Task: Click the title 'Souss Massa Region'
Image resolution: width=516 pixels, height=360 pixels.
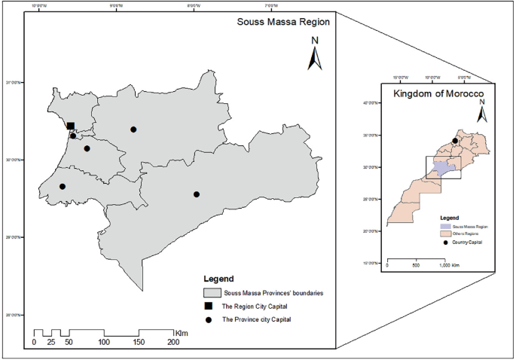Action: [x=280, y=23]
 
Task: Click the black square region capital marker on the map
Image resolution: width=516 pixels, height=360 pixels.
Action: [x=70, y=127]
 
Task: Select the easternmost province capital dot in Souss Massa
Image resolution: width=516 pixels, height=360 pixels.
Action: [x=197, y=194]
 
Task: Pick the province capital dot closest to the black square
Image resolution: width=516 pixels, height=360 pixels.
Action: [x=73, y=136]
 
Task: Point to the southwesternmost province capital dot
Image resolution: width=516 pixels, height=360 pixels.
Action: [x=63, y=186]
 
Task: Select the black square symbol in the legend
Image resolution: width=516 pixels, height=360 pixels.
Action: [x=209, y=307]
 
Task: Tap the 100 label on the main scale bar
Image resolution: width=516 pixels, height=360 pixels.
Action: [x=104, y=343]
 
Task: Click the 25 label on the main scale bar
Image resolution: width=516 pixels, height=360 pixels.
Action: [x=51, y=343]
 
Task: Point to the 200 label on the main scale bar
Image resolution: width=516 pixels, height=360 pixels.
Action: [x=173, y=343]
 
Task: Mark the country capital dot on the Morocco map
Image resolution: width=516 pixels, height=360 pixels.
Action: [x=455, y=140]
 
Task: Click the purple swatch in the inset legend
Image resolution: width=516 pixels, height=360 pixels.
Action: [x=446, y=225]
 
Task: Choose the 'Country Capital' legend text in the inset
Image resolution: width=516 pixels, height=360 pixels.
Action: [x=468, y=242]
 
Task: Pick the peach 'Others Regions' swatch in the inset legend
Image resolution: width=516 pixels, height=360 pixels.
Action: [x=446, y=233]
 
